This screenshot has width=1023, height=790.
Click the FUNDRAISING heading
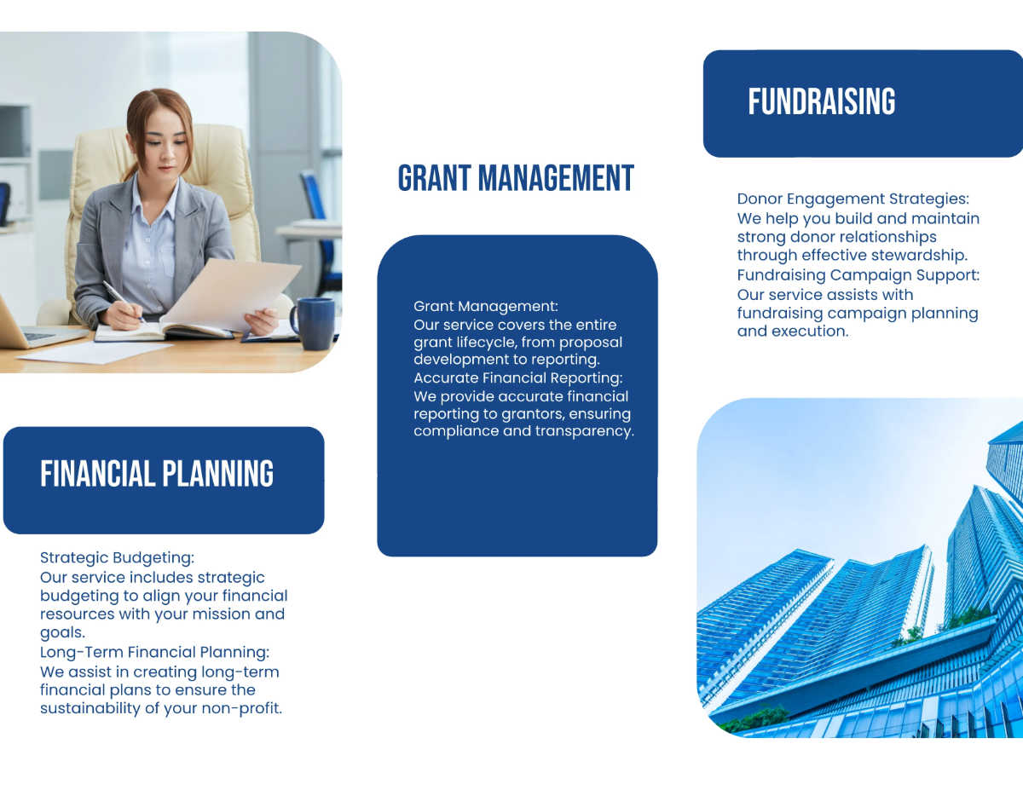coord(822,102)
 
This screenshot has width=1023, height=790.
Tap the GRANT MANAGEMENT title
coord(516,179)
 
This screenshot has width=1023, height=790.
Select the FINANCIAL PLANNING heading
coord(157,474)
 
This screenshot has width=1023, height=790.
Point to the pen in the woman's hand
coord(121,299)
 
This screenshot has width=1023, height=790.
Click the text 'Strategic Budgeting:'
coord(117,558)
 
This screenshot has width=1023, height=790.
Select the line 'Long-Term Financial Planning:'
coord(154,653)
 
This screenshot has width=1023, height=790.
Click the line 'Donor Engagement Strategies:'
coord(852,199)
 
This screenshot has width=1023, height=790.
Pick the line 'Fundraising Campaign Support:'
coord(858,275)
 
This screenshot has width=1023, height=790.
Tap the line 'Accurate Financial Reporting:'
coord(517,378)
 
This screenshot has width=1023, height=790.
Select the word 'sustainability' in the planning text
coord(92,708)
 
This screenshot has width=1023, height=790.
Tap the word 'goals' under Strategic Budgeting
coord(61,633)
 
